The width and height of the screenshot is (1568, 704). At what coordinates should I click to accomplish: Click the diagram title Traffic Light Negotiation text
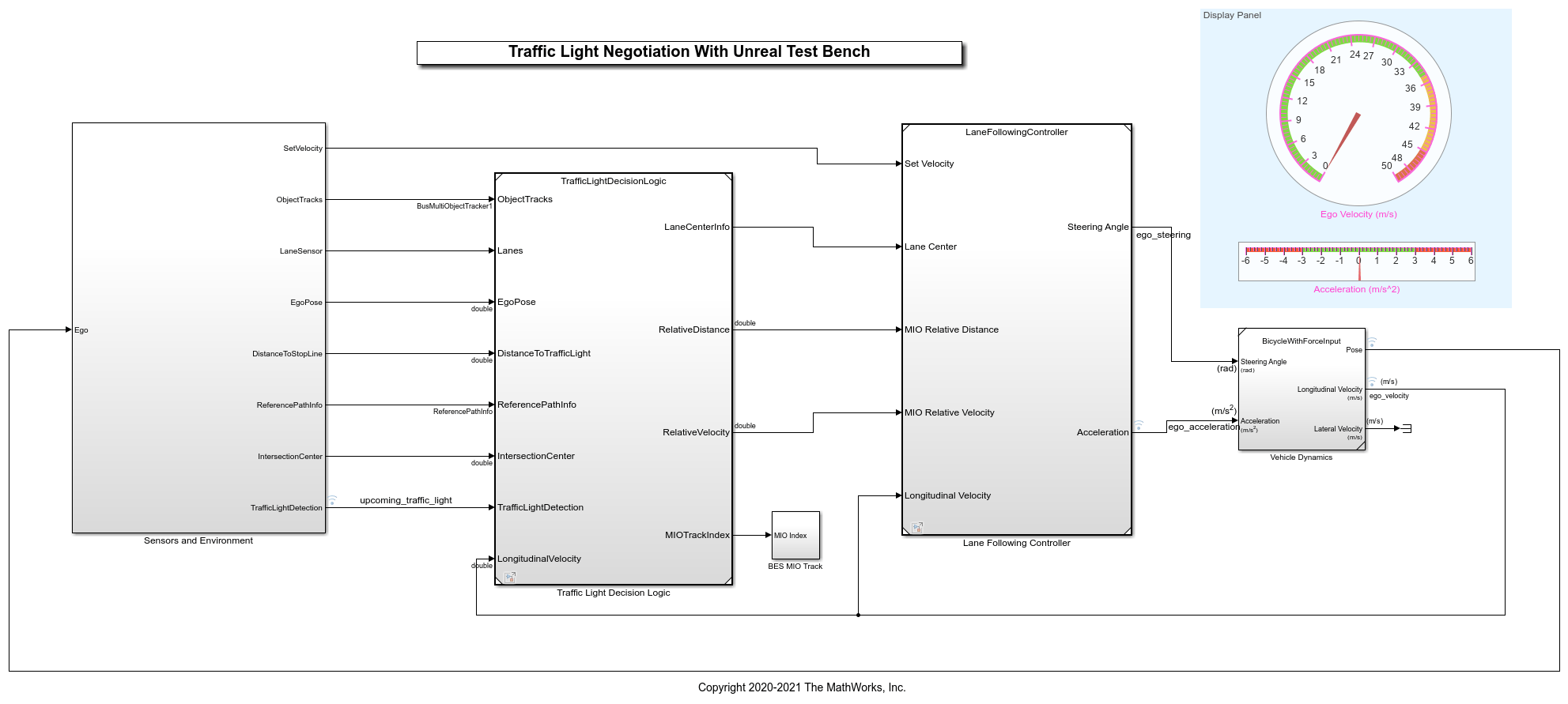[x=689, y=52]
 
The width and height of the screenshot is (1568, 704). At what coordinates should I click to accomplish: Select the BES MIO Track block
[x=795, y=536]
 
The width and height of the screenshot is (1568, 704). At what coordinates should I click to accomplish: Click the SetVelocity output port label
[x=303, y=149]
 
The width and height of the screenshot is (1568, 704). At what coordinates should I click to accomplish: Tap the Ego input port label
[x=81, y=330]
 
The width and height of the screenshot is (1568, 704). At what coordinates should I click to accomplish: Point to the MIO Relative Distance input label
[x=951, y=330]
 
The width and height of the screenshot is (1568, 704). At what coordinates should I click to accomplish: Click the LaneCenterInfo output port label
[x=697, y=228]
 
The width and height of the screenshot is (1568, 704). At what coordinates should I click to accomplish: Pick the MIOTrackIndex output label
[x=697, y=536]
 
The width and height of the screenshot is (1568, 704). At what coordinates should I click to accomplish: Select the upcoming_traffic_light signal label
[x=406, y=501]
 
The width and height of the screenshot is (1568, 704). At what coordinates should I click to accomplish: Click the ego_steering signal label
[x=1163, y=235]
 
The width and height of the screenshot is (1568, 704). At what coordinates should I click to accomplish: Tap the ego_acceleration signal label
[x=1203, y=427]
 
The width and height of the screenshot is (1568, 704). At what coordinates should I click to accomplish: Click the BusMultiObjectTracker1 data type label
[x=454, y=206]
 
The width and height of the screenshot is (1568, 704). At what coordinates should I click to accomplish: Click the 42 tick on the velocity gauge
[x=1414, y=126]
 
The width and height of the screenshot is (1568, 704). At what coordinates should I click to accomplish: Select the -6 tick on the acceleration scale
[x=1245, y=261]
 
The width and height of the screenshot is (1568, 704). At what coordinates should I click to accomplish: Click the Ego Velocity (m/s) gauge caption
[x=1358, y=215]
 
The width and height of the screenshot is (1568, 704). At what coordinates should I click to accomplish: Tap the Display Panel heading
[x=1232, y=15]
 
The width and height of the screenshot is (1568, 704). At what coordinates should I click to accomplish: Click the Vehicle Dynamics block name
[x=1301, y=457]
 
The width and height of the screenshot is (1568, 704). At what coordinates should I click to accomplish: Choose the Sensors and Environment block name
[x=198, y=541]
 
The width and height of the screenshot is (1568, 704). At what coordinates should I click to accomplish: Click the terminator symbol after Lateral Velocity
[x=1406, y=428]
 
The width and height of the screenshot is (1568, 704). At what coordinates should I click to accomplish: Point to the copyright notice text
[x=802, y=688]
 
